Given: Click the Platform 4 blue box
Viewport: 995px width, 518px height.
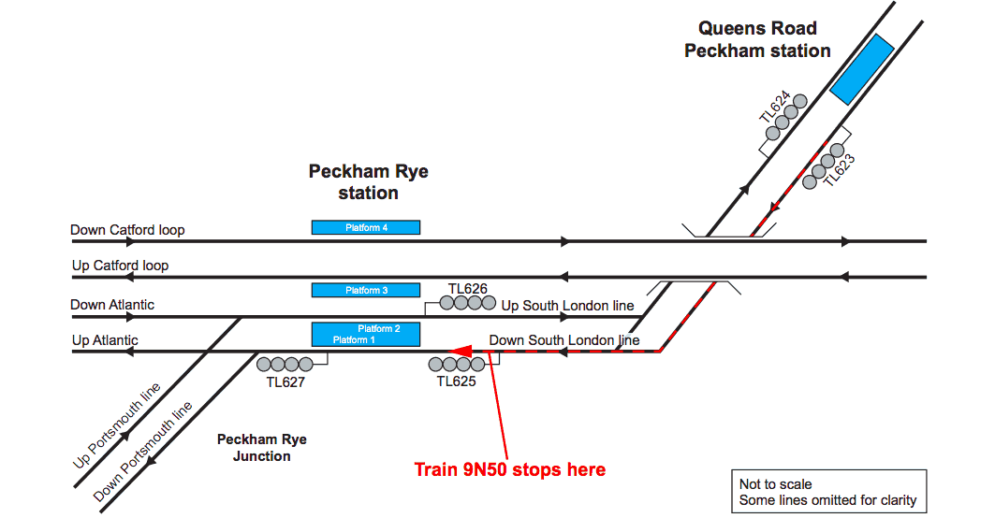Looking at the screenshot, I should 365,227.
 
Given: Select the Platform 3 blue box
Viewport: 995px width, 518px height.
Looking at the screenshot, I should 365,290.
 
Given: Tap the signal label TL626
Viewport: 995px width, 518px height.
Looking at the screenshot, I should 468,289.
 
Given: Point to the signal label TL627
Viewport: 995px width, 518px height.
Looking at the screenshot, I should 285,381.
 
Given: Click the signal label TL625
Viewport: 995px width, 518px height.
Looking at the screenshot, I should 456,381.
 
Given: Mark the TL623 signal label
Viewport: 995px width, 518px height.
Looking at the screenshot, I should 840,171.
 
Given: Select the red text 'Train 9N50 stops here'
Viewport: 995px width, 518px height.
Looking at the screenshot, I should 509,469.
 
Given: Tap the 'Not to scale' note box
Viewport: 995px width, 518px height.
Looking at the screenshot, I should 827,492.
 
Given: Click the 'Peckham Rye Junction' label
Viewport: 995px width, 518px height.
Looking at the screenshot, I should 262,448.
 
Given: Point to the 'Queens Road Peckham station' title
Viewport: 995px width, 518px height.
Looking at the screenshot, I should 757,40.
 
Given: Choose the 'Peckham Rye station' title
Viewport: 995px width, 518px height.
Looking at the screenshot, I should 368,182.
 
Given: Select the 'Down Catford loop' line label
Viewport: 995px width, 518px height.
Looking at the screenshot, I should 127,230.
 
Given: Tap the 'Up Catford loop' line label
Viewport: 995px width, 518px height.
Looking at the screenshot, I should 120,266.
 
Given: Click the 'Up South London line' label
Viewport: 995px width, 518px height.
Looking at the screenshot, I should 567,306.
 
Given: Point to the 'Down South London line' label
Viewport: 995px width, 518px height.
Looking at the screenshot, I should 564,340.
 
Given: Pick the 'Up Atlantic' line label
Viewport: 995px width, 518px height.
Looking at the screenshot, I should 105,341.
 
